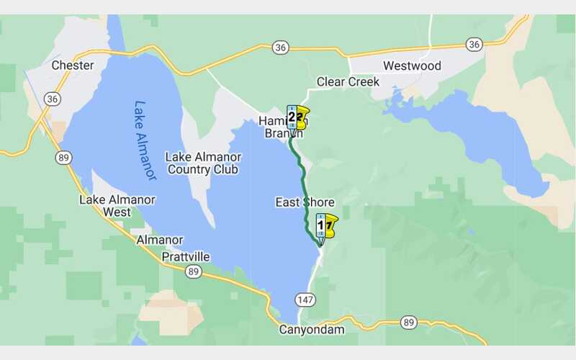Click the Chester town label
(73, 66)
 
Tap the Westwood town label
(412, 66)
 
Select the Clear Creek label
(348, 82)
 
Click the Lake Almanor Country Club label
(202, 163)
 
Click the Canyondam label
(311, 330)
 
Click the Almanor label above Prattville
(160, 240)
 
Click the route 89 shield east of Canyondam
(409, 322)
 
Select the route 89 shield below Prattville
(192, 271)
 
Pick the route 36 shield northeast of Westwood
(473, 45)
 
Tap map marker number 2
(292, 117)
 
